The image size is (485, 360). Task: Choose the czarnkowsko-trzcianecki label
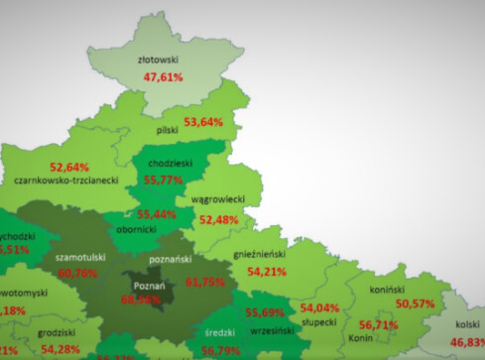coord(67,180)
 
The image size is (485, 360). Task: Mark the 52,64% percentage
coord(69,166)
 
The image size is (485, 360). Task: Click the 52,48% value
coord(219,219)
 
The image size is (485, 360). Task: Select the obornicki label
coord(137,229)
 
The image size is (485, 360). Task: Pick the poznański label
coord(169,260)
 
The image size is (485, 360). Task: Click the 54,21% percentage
coord(267,270)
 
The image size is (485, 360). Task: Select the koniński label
coord(390,289)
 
